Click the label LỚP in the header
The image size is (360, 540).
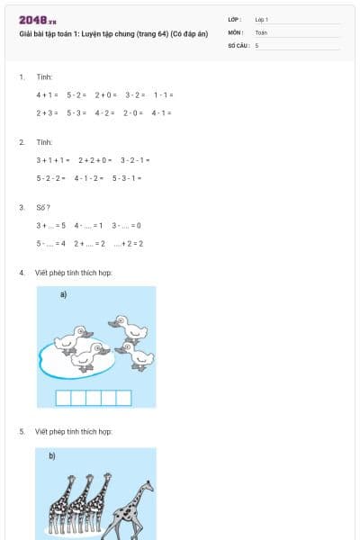[x=235, y=19]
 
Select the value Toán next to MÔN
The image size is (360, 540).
[x=261, y=31]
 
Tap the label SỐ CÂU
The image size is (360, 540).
[x=238, y=44]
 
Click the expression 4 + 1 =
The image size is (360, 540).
[x=47, y=94]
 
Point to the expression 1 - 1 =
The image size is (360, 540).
[x=163, y=94]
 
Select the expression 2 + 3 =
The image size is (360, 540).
[x=47, y=112]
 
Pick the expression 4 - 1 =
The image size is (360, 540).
[x=161, y=112]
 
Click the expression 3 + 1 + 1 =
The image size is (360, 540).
[x=53, y=159]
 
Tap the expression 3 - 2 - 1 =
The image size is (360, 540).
[x=135, y=159]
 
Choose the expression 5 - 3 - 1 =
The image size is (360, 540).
[x=127, y=177]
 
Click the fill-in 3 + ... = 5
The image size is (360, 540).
[x=51, y=225]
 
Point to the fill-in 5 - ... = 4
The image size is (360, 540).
[x=51, y=243]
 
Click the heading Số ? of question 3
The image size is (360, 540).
[x=43, y=207]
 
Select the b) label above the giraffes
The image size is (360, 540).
[x=52, y=456]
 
